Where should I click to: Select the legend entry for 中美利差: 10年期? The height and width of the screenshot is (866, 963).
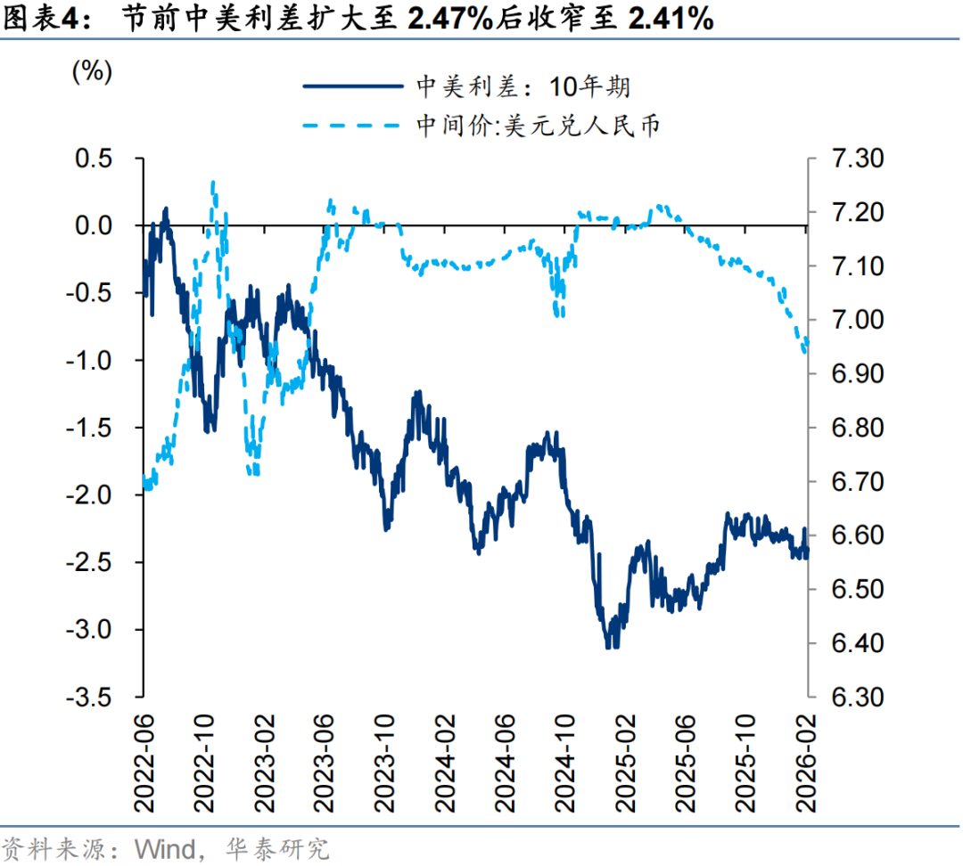coord(524,86)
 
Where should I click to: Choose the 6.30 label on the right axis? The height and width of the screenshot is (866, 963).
coord(854,698)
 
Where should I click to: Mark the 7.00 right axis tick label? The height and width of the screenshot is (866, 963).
coord(854,320)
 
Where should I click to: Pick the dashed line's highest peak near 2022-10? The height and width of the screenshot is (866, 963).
coord(213,184)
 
